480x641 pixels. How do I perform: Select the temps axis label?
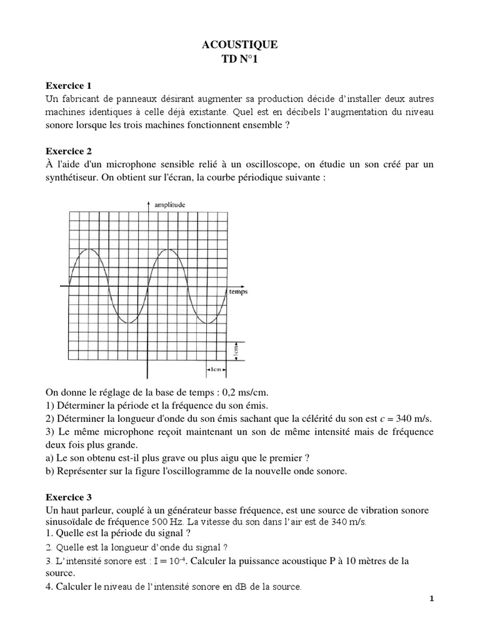tap(237, 292)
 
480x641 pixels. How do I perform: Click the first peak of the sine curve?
tap(89, 249)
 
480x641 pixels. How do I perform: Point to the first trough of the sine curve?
tap(129, 322)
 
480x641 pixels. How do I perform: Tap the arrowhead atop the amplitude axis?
tap(147, 204)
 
